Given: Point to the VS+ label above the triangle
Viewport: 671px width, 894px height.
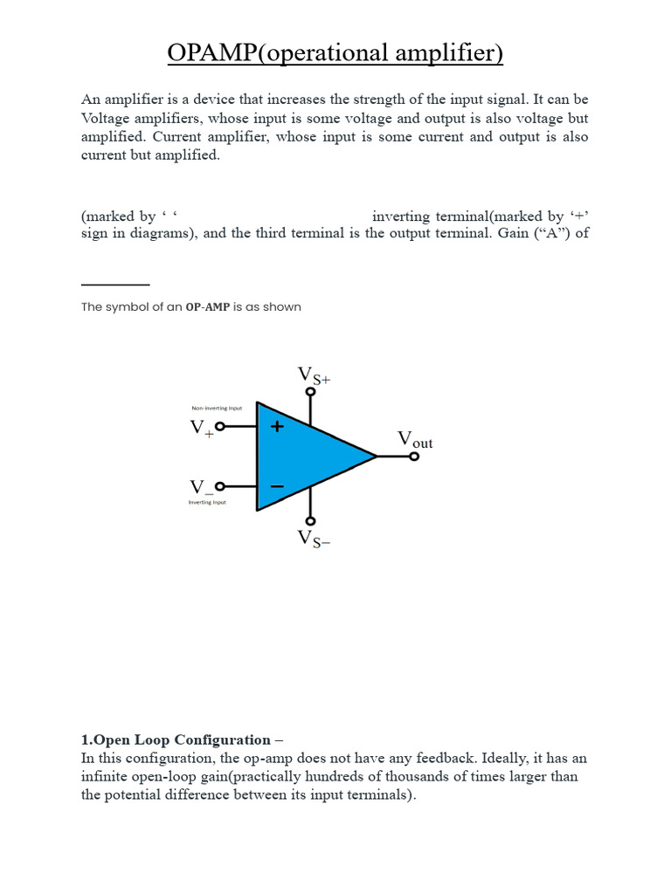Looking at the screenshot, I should pos(314,375).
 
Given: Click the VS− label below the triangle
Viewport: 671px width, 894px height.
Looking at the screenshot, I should pos(315,539).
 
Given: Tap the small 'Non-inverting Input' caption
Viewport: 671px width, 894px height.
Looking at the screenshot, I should pos(217,408).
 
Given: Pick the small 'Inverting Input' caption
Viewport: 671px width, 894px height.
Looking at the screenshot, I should pos(207,502).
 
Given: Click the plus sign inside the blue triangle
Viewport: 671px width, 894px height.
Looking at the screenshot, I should pos(277,427).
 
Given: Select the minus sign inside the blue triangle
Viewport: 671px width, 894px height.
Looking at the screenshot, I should pos(277,486).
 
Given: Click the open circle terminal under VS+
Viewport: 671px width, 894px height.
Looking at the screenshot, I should pos(310,392).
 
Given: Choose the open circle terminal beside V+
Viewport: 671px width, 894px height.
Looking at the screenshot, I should pos(220,426).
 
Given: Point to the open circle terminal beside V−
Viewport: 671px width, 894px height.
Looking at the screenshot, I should pos(220,486).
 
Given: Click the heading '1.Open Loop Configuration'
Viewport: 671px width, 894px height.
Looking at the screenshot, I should pos(176,739).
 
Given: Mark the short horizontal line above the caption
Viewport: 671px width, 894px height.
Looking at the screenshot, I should pos(115,284).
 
